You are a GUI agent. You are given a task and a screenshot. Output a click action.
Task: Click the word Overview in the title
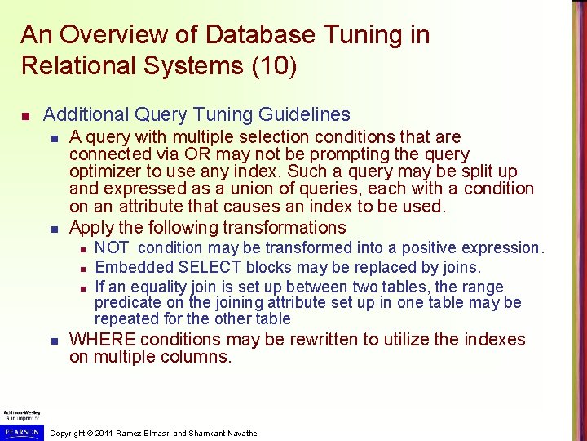[109, 35]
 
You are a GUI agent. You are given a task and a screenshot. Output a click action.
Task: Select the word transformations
[285, 228]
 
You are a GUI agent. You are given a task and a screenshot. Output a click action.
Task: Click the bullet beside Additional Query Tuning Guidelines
[26, 115]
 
